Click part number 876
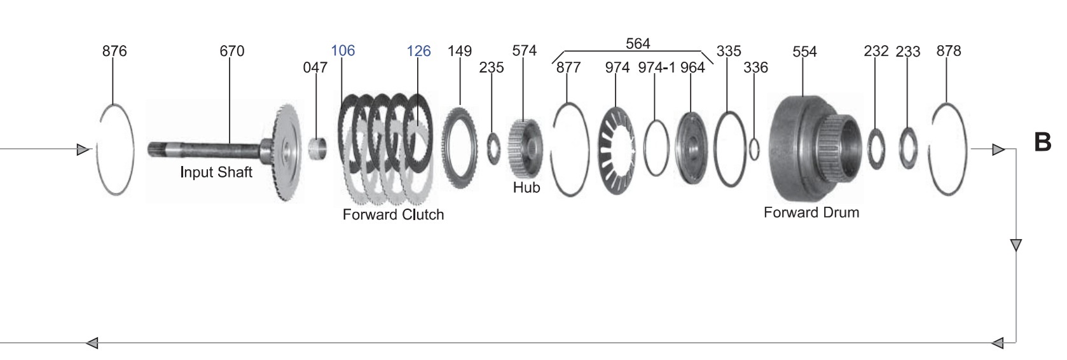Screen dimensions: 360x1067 [x=114, y=51]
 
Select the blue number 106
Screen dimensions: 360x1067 [x=343, y=50]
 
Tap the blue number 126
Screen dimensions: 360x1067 [x=418, y=51]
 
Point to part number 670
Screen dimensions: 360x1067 [x=231, y=51]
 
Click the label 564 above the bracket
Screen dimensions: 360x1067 [x=638, y=43]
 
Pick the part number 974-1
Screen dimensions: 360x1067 [x=657, y=67]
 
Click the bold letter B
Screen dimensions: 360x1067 [x=1043, y=142]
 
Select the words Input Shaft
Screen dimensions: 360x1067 [x=216, y=172]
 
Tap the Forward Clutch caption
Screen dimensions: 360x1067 [x=393, y=214]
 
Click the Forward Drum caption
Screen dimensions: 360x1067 [x=811, y=212]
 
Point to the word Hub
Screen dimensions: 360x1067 [x=527, y=188]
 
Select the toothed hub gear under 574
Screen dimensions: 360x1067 [x=525, y=149]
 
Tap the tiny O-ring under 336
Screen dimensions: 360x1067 [x=755, y=149]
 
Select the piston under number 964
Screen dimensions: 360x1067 [x=691, y=148]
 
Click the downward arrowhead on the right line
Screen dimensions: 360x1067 [x=1015, y=245]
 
